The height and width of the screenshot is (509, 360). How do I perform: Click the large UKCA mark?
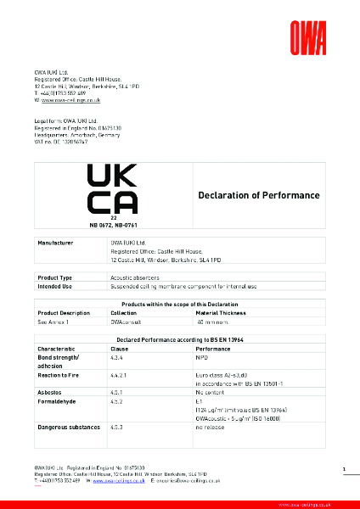click(113, 189)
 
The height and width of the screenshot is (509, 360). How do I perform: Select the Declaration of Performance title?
click(259, 196)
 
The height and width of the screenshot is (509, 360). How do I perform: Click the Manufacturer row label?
click(54, 243)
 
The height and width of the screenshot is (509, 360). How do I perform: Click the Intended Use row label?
click(54, 287)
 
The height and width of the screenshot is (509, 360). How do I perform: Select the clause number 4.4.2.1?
click(120, 373)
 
